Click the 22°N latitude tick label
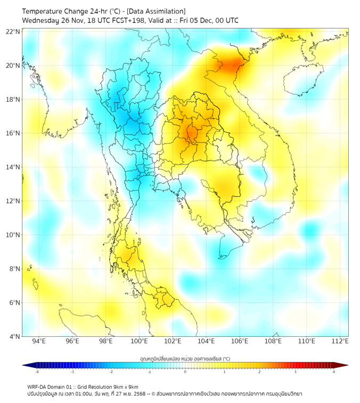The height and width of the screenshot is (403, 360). (x=13, y=32)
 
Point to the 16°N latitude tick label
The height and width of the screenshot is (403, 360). (x=13, y=133)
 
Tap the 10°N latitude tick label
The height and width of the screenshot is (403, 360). (x=13, y=235)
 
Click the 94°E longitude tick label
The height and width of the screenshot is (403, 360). (x=39, y=342)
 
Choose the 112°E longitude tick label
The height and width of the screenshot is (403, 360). (x=340, y=342)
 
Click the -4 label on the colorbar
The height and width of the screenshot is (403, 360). (x=37, y=372)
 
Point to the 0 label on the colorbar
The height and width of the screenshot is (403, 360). (x=185, y=372)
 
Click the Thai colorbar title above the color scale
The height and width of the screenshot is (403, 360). (x=185, y=358)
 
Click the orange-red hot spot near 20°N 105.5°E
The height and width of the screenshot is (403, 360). (x=233, y=66)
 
